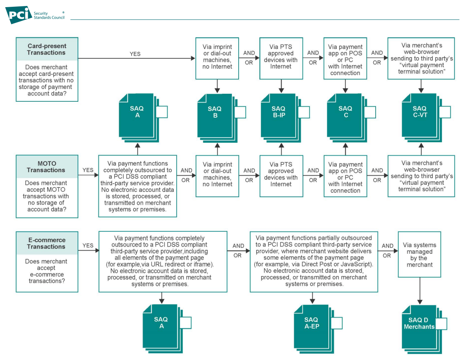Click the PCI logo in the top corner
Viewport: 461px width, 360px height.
click(19, 15)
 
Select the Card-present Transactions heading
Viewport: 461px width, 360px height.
click(47, 49)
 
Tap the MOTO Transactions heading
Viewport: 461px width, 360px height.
click(46, 167)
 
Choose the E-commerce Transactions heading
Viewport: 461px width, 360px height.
click(46, 243)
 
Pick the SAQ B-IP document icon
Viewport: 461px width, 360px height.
click(285, 118)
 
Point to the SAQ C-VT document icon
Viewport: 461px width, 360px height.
click(426, 118)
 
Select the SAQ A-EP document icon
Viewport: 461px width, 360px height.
click(318, 329)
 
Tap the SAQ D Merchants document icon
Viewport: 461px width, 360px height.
click(424, 329)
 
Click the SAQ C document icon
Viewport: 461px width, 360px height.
click(351, 118)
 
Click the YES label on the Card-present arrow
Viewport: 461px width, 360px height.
click(135, 54)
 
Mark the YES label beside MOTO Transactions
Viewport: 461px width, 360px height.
click(88, 170)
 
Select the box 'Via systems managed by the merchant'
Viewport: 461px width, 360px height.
click(420, 254)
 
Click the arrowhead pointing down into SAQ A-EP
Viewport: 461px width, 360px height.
click(312, 302)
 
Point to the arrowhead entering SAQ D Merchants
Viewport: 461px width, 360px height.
click(420, 302)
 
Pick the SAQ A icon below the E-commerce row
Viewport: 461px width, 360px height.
click(167, 329)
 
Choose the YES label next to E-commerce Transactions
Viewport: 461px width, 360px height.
click(88, 246)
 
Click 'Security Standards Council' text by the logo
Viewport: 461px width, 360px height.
click(49, 15)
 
